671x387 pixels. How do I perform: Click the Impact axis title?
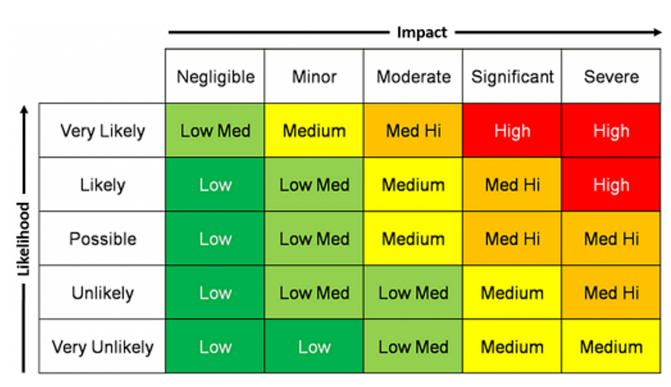(x=421, y=33)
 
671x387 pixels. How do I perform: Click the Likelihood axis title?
(x=23, y=239)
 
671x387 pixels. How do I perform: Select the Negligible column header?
(x=215, y=77)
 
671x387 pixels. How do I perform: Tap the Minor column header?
(x=314, y=77)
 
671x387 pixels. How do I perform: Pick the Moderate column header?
(x=413, y=77)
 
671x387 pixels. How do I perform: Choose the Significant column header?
(x=512, y=77)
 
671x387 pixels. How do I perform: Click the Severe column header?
(x=611, y=77)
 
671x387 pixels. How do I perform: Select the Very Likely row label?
(x=103, y=130)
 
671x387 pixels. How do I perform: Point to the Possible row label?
(x=103, y=239)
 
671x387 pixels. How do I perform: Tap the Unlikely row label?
(x=103, y=293)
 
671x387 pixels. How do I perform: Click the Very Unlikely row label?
(x=103, y=347)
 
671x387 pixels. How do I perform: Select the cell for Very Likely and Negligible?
(x=215, y=130)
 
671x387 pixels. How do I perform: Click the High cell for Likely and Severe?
(x=611, y=185)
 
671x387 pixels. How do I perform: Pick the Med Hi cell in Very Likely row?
(x=413, y=130)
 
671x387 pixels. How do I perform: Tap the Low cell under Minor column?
(x=314, y=347)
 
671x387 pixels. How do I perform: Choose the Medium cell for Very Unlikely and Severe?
(x=611, y=347)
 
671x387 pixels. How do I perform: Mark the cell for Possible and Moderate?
(x=413, y=239)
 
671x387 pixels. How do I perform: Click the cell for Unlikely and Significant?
(x=512, y=293)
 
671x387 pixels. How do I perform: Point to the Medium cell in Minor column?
(x=314, y=130)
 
